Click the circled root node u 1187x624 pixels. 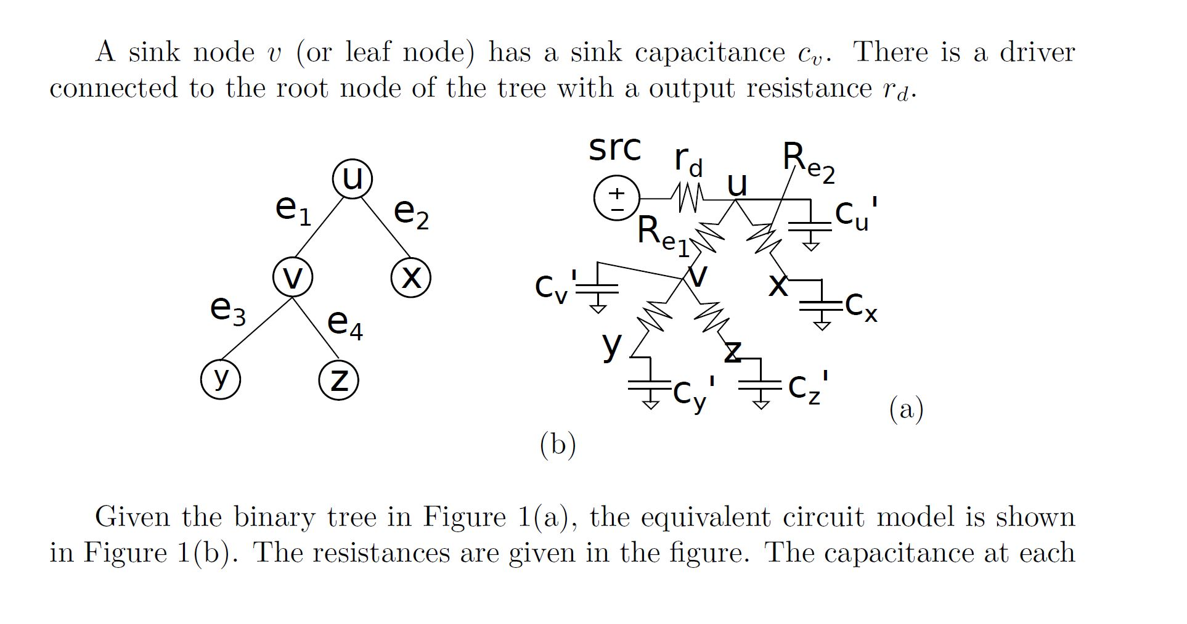pos(352,179)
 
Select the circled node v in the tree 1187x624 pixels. pos(293,278)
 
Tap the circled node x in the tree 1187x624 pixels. pos(411,278)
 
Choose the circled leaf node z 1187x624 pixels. pos(338,379)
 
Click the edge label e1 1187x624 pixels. pos(293,210)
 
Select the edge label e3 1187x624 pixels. pos(227,310)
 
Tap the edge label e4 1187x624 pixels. pos(345,324)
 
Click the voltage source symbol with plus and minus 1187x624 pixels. pos(617,199)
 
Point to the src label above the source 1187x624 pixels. pos(614,149)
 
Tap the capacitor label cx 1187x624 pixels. pos(862,307)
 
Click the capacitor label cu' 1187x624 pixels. pos(856,213)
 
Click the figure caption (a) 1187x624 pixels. pos(906,409)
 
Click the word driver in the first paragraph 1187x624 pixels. pos(1037,52)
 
